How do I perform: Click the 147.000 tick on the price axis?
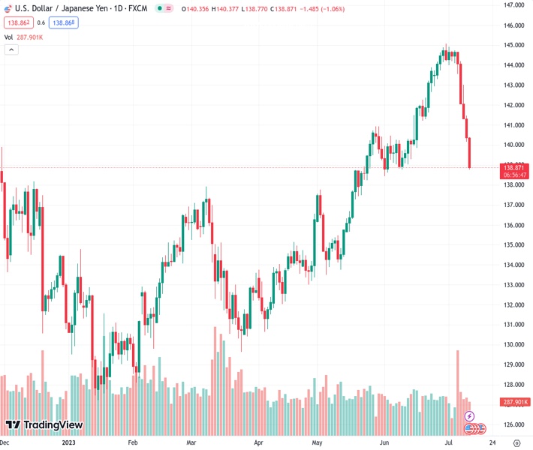pyautogui.click(x=513, y=5)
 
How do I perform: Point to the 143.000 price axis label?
pyautogui.click(x=513, y=85)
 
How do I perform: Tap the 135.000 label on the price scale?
pyautogui.click(x=513, y=244)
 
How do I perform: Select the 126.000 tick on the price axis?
pyautogui.click(x=513, y=424)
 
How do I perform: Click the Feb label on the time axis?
pyautogui.click(x=133, y=442)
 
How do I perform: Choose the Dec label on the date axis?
pyautogui.click(x=5, y=442)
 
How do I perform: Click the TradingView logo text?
pyautogui.click(x=53, y=425)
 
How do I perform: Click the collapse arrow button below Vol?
pyautogui.click(x=11, y=49)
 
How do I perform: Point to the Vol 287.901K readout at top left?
pyautogui.click(x=23, y=37)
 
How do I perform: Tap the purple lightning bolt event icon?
pyautogui.click(x=469, y=415)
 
